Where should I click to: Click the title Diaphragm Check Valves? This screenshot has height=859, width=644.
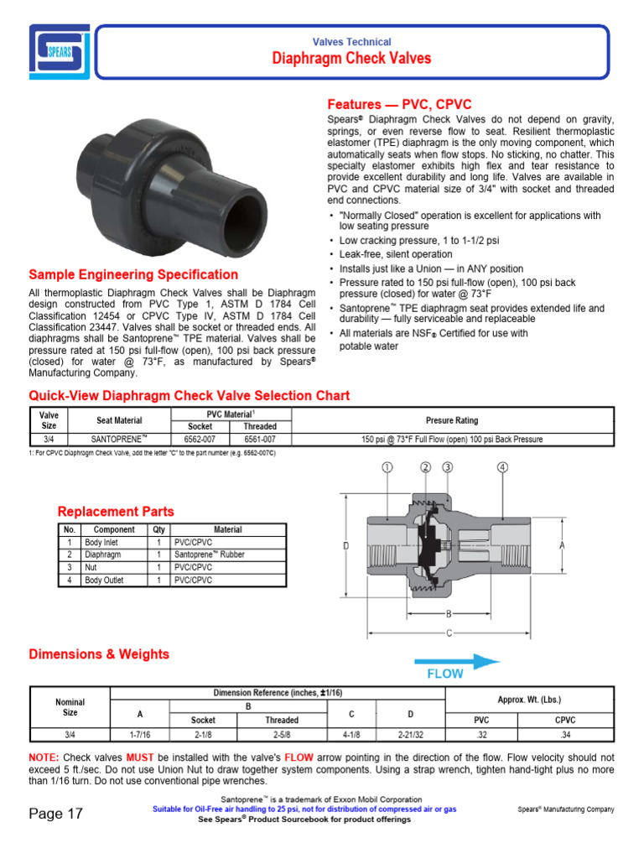[351, 58]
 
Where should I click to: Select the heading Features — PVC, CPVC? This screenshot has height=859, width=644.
[398, 105]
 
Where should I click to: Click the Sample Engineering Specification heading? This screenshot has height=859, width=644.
[133, 274]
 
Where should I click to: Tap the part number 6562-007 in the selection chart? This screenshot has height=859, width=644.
[200, 439]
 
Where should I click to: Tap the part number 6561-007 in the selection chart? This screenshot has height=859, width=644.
[260, 439]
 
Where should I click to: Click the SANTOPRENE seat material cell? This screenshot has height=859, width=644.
[119, 439]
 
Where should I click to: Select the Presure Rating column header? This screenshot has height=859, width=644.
[451, 420]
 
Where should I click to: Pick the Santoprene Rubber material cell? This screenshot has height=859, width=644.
[209, 554]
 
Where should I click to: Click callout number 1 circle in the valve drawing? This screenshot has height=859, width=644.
[387, 467]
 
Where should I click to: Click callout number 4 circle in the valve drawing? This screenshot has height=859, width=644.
[502, 467]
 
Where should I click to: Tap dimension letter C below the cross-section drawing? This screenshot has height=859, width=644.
[449, 633]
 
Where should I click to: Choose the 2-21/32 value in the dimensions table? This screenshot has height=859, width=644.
[411, 733]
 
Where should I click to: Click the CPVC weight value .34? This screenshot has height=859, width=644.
[566, 733]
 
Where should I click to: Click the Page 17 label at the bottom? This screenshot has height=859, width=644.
[56, 814]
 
